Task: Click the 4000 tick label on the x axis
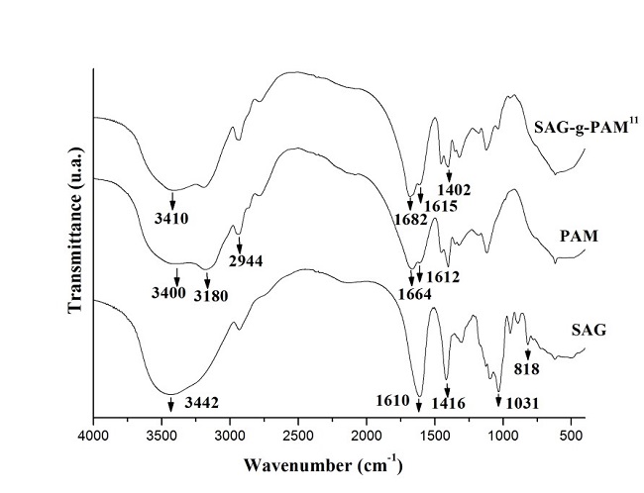click(x=94, y=433)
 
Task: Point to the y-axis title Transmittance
click(x=74, y=242)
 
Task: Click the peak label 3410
click(x=172, y=219)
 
